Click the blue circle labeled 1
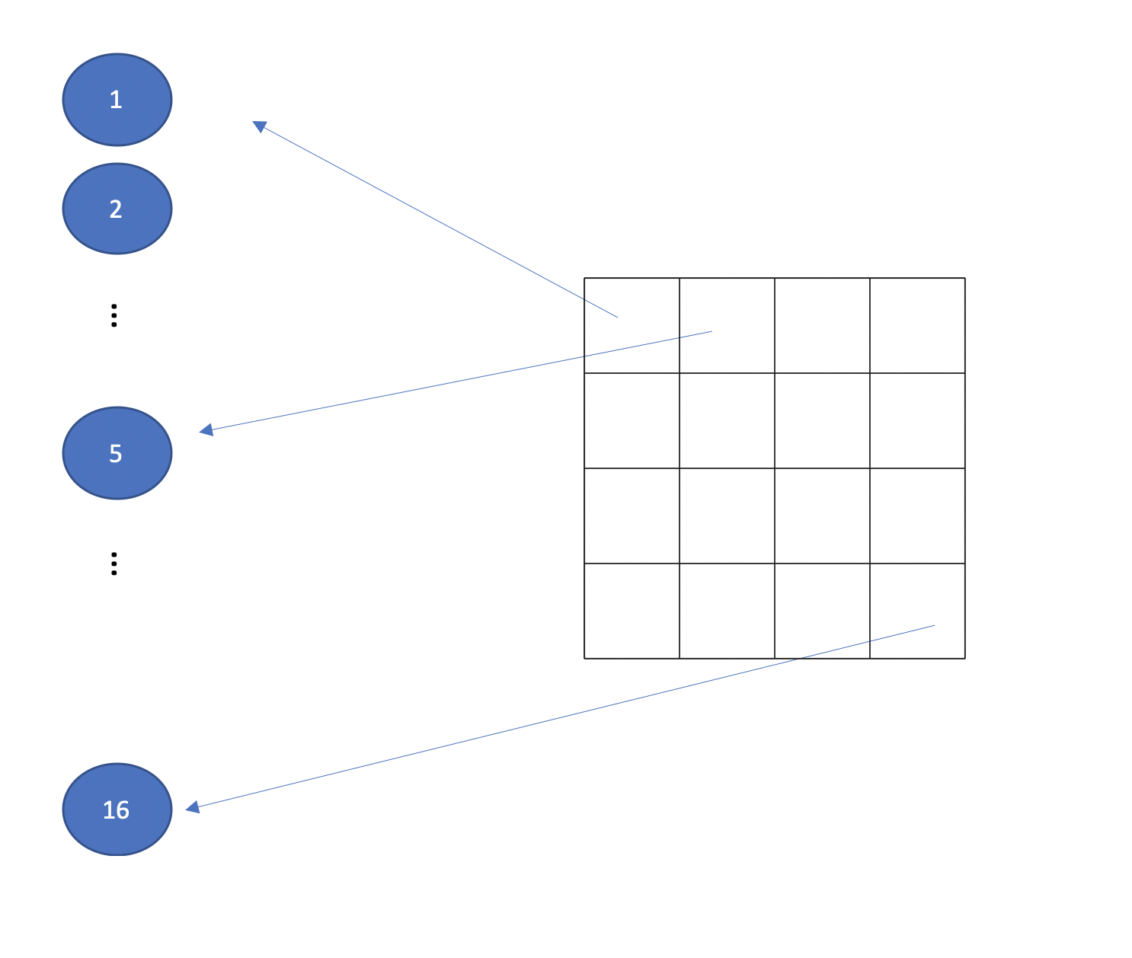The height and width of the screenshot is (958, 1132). pos(117,100)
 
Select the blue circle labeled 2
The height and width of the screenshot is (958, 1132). pos(117,209)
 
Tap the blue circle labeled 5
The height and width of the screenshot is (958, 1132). pos(117,453)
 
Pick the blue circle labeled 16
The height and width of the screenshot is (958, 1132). pos(117,810)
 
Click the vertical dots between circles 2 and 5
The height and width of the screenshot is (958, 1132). pos(114,315)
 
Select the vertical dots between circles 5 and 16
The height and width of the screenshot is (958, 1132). pos(114,564)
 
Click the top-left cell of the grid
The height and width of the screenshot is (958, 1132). pos(632,325)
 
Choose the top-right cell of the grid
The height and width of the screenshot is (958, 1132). pos(917,325)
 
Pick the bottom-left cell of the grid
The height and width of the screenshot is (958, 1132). pos(632,611)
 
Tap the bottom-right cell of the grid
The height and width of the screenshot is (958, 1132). pos(917,611)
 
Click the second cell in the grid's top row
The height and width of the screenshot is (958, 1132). pos(727,325)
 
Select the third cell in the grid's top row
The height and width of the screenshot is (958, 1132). pos(822,325)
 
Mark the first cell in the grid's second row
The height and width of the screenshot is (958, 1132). pos(632,420)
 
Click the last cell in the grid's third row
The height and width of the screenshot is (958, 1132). pos(917,516)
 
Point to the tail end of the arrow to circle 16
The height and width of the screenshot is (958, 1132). pos(933,626)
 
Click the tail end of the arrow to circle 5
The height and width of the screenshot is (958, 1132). pos(710,332)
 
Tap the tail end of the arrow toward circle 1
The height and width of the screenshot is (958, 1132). pos(616,317)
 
